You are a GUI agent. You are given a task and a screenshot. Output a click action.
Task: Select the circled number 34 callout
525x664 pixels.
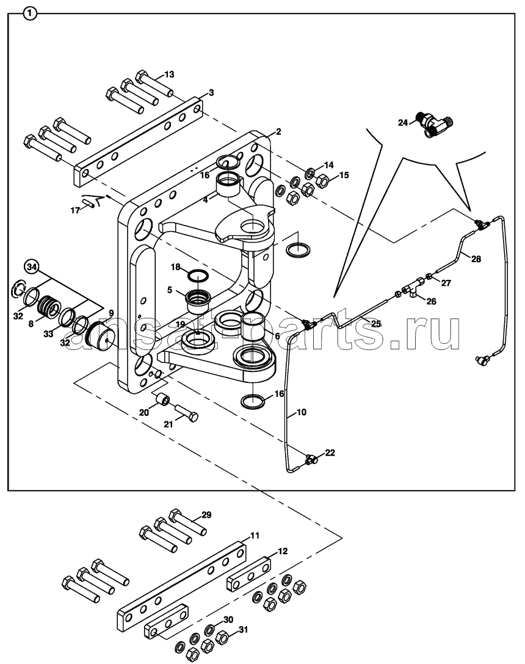pyautogui.click(x=31, y=267)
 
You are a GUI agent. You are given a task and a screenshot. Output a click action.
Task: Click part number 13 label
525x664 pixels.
pyautogui.click(x=168, y=74)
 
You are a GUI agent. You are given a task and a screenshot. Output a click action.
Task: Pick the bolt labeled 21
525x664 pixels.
pyautogui.click(x=186, y=412)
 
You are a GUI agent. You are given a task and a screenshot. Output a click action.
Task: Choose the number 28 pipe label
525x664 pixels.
pyautogui.click(x=476, y=259)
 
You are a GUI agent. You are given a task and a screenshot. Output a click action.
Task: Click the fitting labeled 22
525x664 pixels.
pyautogui.click(x=312, y=458)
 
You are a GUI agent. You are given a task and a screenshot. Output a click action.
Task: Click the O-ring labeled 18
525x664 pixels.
pyautogui.click(x=198, y=277)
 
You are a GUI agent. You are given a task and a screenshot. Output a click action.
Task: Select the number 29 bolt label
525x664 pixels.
pyautogui.click(x=206, y=515)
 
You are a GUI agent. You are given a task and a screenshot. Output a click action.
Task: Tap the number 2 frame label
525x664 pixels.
pyautogui.click(x=278, y=132)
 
